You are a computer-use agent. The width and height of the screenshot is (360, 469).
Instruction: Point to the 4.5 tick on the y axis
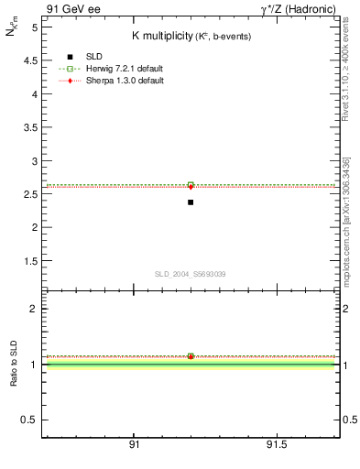tap(29, 60)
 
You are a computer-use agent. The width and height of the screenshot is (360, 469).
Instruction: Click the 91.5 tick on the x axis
tap(276, 444)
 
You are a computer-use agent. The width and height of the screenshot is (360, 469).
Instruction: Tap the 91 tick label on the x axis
tap(134, 444)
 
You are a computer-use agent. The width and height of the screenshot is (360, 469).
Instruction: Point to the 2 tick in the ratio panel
tap(33, 309)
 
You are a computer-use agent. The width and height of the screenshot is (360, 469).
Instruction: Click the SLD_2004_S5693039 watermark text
tap(190, 274)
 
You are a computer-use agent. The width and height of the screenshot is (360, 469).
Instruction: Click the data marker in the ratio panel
tap(191, 356)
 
